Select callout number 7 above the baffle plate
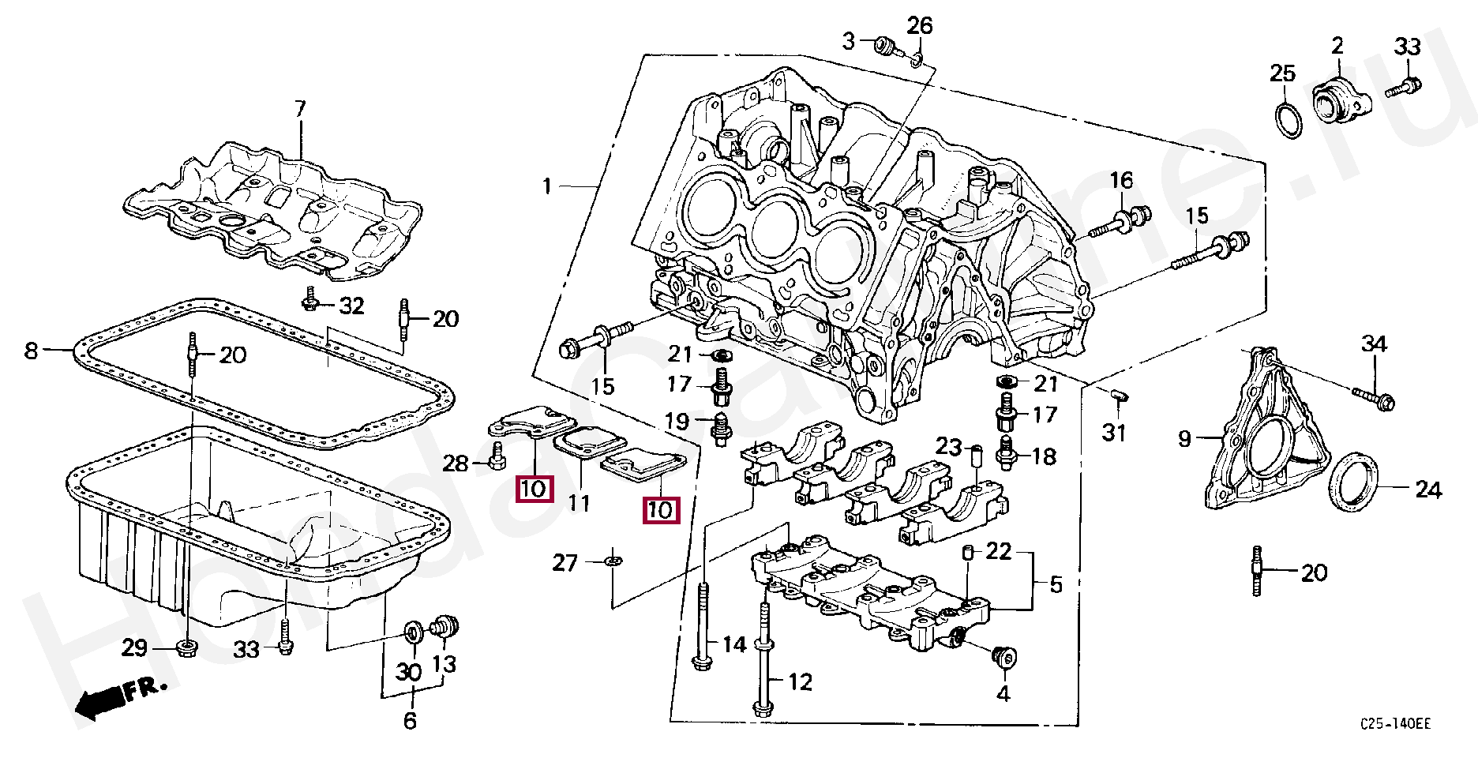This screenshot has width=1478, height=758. (300, 109)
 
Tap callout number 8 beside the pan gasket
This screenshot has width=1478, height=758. (32, 350)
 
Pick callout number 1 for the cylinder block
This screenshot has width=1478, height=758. (546, 187)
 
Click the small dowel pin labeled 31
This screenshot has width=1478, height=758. (1120, 394)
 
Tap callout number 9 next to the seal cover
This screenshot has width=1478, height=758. (1184, 438)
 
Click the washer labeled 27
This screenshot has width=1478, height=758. (612, 561)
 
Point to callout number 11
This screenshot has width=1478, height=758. (580, 502)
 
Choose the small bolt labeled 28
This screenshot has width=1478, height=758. (497, 456)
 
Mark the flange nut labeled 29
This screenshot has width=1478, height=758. (187, 648)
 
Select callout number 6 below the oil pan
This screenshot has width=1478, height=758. (410, 720)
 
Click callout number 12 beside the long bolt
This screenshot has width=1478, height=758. (801, 681)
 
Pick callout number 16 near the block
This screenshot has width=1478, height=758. (1121, 181)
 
